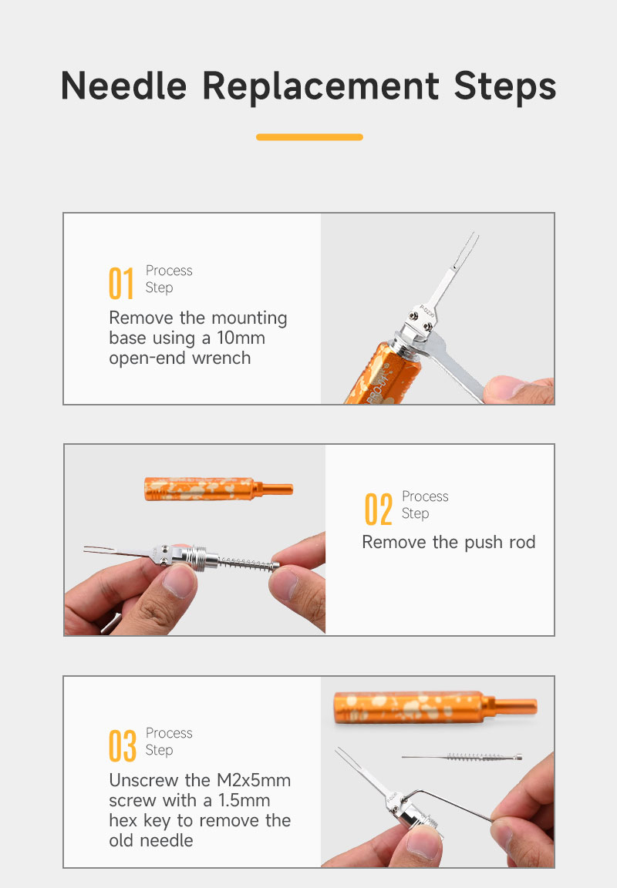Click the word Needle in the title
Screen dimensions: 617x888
tap(123, 86)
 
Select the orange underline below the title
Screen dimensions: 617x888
tap(309, 137)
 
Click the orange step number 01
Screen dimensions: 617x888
tap(121, 283)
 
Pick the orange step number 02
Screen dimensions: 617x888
tap(379, 509)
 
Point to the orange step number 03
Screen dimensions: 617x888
tap(123, 746)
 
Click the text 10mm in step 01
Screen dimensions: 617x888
tap(241, 338)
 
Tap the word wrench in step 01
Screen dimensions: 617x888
tap(221, 358)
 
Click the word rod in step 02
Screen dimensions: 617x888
tap(522, 542)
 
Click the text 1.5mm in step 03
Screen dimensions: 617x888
tap(244, 800)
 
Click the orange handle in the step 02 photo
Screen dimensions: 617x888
tap(219, 489)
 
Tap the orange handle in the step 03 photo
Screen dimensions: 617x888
tap(435, 707)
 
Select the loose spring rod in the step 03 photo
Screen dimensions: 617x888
tap(462, 757)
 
